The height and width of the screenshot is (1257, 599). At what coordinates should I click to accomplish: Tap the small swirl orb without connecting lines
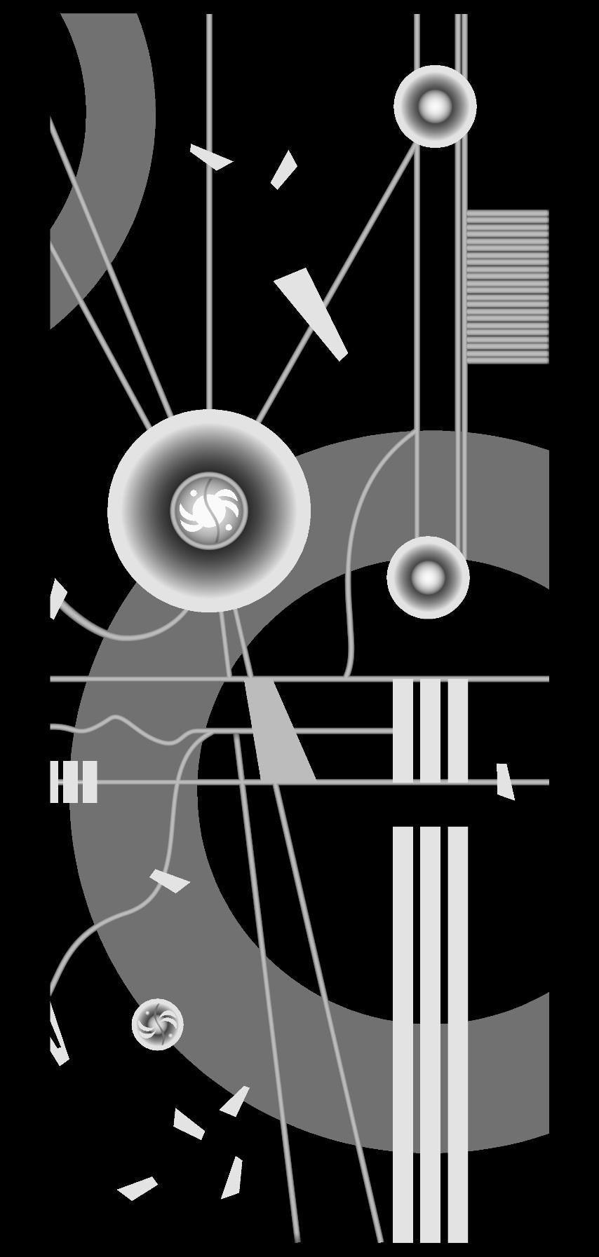(158, 1024)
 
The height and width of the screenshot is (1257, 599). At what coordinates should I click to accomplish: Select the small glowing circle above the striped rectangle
(435, 107)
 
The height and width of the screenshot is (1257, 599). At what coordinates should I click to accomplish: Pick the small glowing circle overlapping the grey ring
(428, 577)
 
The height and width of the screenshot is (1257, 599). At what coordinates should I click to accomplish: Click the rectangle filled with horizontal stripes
(507, 287)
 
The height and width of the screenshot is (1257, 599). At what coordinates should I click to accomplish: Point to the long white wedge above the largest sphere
(311, 312)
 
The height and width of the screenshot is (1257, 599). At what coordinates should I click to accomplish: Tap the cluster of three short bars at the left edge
(74, 781)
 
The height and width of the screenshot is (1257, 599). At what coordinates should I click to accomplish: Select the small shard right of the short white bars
(505, 782)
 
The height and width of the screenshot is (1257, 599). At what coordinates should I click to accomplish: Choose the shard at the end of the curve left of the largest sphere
(57, 598)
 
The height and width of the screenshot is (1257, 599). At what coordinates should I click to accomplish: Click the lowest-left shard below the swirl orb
(137, 1187)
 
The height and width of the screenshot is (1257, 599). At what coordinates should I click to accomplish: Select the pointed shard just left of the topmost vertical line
(210, 157)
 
